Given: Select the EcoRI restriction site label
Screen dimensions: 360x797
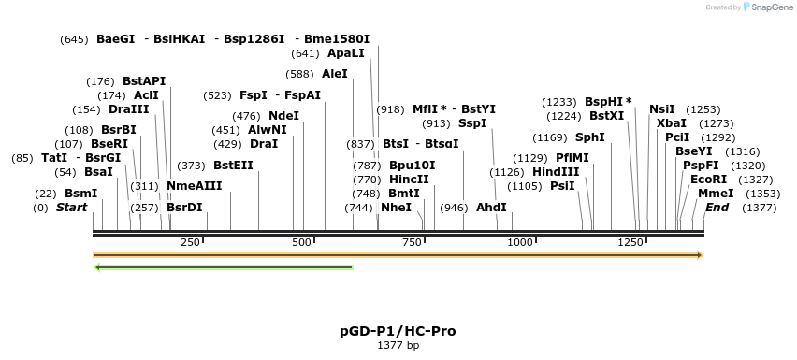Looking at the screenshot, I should [708, 179].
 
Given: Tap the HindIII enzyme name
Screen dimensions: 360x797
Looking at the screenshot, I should [556, 172].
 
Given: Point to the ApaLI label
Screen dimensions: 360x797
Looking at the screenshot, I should [346, 53].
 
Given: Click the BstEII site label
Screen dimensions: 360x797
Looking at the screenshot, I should [233, 166].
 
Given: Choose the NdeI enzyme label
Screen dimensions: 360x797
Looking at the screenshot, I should [283, 116].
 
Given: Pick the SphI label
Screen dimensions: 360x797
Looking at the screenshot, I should [589, 137].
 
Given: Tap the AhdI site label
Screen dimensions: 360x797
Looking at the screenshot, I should [491, 208].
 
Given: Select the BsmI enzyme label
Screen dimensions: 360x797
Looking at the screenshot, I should [80, 194].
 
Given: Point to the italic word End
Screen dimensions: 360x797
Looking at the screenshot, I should [717, 208].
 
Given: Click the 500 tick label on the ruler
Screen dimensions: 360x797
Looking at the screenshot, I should [301, 242].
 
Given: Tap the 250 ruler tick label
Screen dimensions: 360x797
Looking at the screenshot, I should [190, 242].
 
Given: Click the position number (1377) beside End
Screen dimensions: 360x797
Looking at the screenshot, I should [760, 208].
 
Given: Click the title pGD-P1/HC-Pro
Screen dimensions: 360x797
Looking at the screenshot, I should [398, 331].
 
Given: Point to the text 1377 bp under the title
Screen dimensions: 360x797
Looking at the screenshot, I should [398, 346].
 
